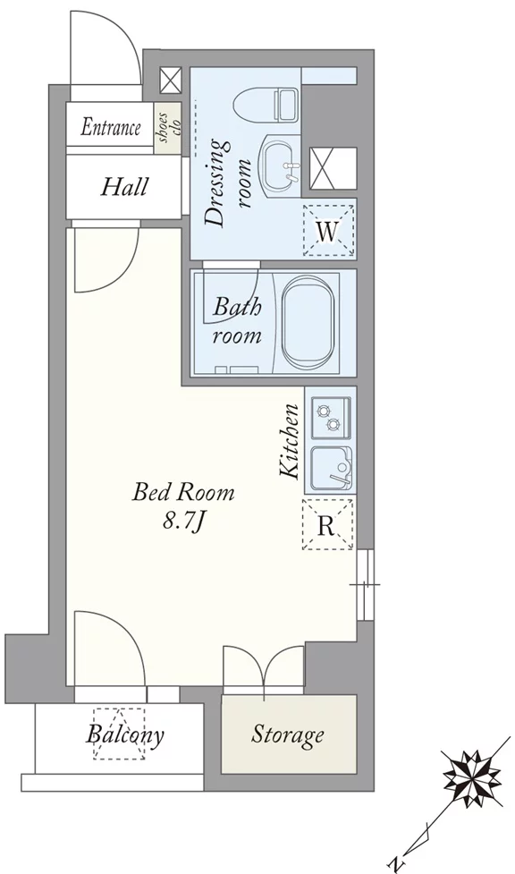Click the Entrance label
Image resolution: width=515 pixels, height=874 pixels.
coord(110,128)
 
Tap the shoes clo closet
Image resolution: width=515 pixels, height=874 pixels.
coord(168,128)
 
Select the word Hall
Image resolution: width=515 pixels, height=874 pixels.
coord(124,187)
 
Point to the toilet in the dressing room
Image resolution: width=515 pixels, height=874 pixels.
coord(267,103)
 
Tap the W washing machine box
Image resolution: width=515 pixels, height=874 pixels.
coord(328,231)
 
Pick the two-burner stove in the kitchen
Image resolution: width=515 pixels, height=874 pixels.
coord(331,418)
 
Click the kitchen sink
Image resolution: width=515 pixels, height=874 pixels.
coord(331,467)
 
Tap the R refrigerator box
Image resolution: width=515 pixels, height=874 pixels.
coord(328,524)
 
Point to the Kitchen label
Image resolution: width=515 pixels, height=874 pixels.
coord(291,440)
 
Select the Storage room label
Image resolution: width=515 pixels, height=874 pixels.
coord(288,734)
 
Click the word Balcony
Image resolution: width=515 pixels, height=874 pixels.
coord(125,734)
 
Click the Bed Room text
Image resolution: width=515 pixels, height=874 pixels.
coord(183,492)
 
